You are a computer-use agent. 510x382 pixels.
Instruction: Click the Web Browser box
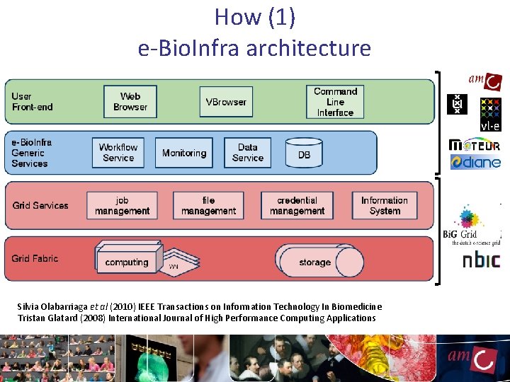click(130, 102)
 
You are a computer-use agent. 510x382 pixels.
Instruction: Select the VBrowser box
click(226, 102)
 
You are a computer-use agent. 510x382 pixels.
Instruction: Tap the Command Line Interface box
click(335, 102)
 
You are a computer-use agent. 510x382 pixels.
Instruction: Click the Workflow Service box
click(118, 153)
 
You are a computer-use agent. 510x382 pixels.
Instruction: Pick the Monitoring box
click(184, 153)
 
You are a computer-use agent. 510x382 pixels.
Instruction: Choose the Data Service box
click(247, 153)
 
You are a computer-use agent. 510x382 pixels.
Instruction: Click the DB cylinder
click(304, 154)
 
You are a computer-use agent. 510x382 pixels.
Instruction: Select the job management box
click(123, 205)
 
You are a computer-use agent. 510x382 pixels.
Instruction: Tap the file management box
click(208, 205)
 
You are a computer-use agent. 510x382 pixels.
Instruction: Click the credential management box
click(297, 205)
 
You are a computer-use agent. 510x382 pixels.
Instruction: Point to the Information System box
click(385, 205)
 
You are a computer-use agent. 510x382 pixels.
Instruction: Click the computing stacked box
click(127, 261)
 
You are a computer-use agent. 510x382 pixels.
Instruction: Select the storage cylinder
click(314, 262)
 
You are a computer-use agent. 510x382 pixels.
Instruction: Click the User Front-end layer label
click(33, 102)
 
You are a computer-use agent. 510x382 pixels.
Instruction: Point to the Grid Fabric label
click(35, 258)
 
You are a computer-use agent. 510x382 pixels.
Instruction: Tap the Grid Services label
click(40, 205)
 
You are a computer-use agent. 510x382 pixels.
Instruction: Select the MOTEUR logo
click(475, 145)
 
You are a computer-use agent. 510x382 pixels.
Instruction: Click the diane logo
click(475, 163)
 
